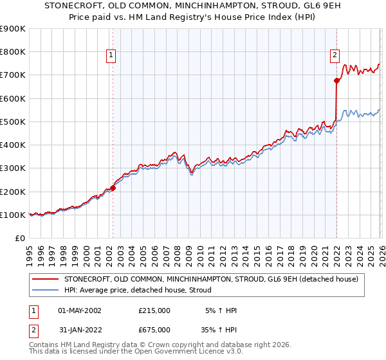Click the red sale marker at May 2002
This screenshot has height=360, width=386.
pyautogui.click(x=113, y=188)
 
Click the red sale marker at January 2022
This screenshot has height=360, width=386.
pyautogui.click(x=336, y=80)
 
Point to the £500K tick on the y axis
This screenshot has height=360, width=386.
pyautogui.click(x=13, y=122)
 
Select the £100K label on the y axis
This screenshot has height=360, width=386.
pyautogui.click(x=13, y=215)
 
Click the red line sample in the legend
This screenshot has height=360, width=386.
pyautogui.click(x=46, y=279)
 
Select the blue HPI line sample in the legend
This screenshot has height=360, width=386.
pyautogui.click(x=46, y=290)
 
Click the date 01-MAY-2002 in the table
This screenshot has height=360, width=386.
pyautogui.click(x=80, y=310)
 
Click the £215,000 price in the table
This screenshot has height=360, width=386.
pyautogui.click(x=154, y=310)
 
